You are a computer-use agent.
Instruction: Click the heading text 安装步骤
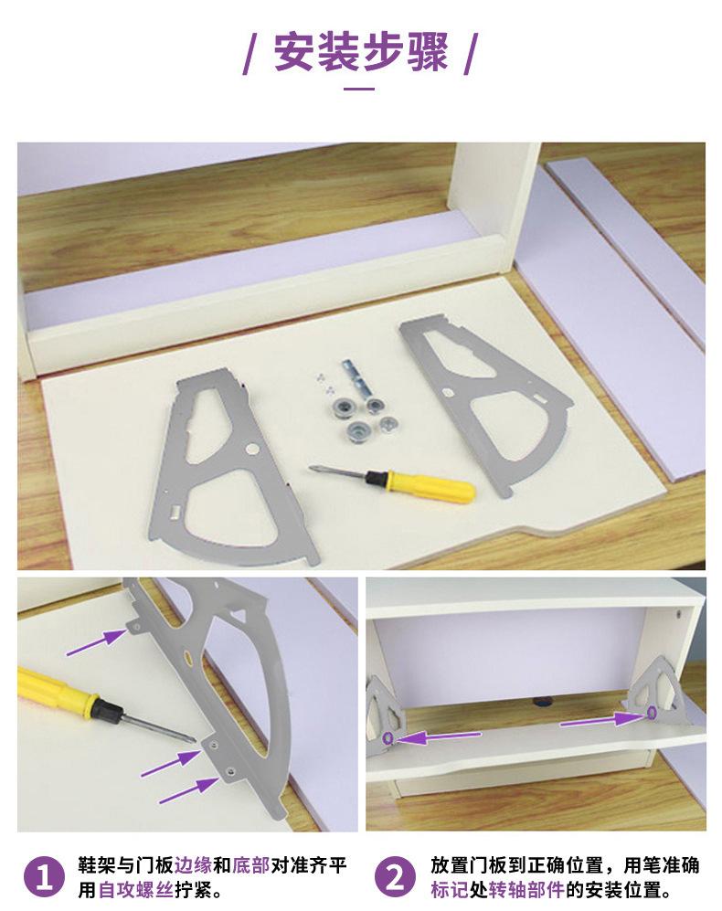360,52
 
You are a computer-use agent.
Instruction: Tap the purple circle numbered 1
44,877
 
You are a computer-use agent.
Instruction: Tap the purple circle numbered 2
396,877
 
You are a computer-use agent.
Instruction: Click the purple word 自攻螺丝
135,889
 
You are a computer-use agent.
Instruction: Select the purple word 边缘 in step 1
193,865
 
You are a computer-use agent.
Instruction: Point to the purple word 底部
250,865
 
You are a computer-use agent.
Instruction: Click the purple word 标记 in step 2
450,889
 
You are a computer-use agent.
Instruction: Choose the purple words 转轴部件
526,889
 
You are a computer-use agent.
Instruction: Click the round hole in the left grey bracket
251,448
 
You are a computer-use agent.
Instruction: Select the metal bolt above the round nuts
358,378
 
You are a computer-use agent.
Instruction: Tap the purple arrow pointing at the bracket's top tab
96,642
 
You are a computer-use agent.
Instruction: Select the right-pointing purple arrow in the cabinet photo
601,720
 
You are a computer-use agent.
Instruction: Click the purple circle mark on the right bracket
651,711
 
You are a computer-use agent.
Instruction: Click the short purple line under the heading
359,89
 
